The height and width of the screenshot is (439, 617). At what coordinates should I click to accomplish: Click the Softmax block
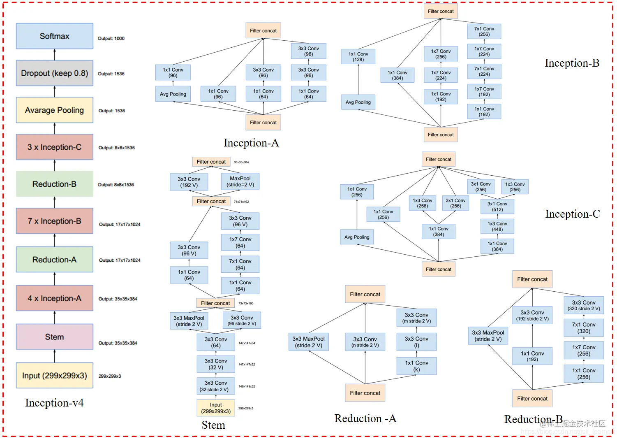click(x=54, y=36)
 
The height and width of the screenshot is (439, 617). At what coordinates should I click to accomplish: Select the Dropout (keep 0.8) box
click(x=54, y=73)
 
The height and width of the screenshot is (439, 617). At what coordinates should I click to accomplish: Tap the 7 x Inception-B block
click(x=54, y=221)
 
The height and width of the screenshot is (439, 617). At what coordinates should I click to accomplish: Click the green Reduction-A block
click(x=54, y=260)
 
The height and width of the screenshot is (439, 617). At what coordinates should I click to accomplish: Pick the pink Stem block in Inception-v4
click(x=54, y=337)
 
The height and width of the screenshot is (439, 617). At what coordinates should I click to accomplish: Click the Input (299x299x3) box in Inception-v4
click(x=54, y=376)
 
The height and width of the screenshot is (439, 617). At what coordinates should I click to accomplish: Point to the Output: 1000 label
click(x=111, y=39)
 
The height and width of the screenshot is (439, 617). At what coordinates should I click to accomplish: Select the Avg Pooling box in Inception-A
click(x=173, y=94)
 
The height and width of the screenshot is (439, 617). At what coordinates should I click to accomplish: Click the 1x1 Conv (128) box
click(x=358, y=57)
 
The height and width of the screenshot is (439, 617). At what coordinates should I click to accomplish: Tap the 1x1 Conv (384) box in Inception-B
click(x=397, y=75)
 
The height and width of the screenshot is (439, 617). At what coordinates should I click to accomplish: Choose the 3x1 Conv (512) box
click(x=497, y=207)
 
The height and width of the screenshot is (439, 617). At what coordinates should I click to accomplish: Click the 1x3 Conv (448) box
click(x=497, y=227)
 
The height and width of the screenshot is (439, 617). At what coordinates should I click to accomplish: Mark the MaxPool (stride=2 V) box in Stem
click(x=240, y=182)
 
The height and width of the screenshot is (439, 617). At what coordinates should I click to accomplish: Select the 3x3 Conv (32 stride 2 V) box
click(x=215, y=386)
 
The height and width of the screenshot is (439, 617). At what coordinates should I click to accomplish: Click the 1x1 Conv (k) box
click(x=416, y=366)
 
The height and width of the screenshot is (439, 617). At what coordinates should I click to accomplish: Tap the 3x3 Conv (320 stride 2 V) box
click(x=584, y=305)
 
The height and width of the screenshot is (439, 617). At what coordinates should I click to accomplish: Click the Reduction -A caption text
click(x=365, y=418)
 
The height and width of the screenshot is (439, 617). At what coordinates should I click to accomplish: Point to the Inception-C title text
click(x=572, y=214)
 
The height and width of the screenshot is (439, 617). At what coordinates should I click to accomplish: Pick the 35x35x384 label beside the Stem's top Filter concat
click(x=241, y=162)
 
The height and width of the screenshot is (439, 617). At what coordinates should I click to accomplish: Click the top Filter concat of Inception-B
click(x=441, y=12)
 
